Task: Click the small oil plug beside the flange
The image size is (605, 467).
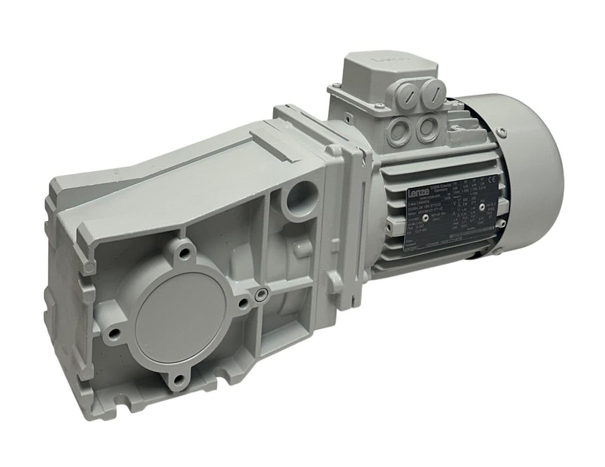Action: (x=258, y=294)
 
